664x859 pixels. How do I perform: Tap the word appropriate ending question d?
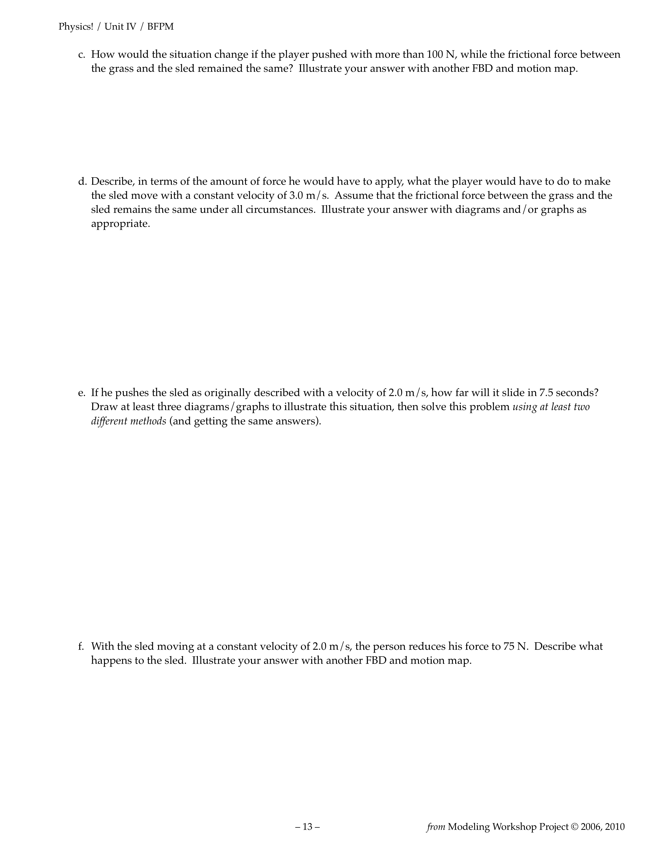point(121,224)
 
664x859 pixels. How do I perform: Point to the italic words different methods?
point(128,421)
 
